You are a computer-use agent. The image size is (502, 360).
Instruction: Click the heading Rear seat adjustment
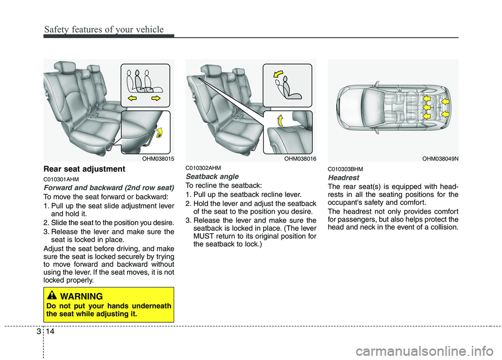click(x=84, y=169)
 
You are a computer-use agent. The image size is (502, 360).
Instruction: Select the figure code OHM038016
click(x=299, y=158)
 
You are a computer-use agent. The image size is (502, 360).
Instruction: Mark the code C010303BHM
click(x=346, y=169)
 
